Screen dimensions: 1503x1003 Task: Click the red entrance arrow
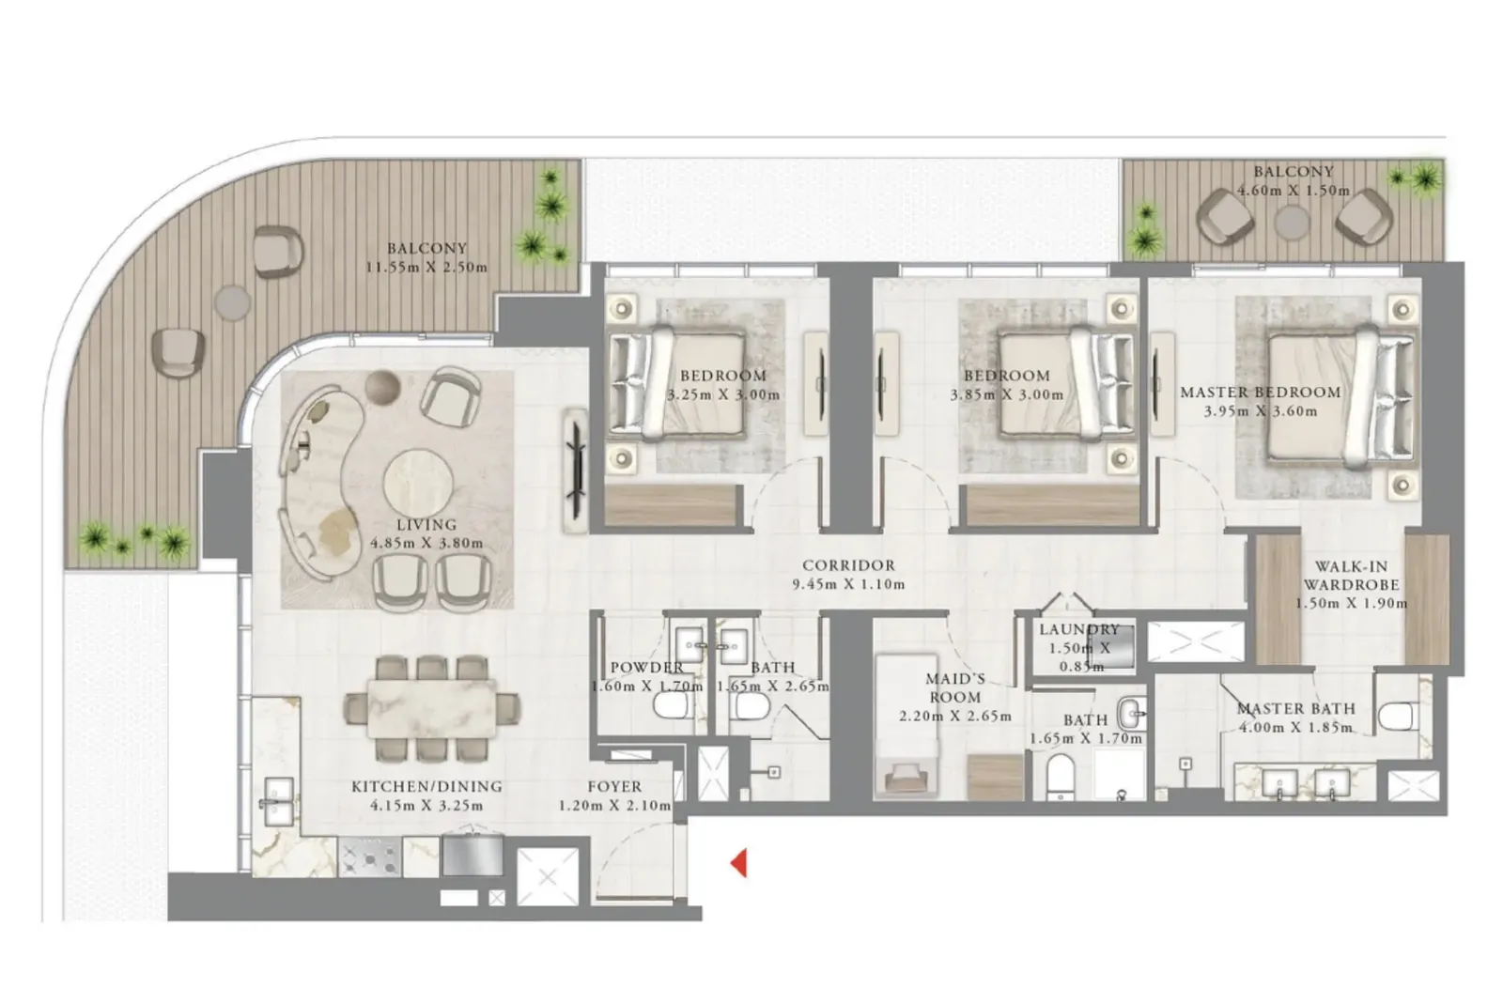(x=738, y=863)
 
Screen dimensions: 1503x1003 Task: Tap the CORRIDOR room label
(x=848, y=565)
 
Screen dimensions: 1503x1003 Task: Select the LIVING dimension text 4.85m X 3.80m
(x=426, y=543)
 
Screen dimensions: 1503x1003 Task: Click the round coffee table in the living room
(x=418, y=483)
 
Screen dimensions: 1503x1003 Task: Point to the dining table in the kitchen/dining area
(x=431, y=709)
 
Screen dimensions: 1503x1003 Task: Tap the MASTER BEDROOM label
(x=1260, y=393)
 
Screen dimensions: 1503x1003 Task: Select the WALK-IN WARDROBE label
(x=1351, y=576)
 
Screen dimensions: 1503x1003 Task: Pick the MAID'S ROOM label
(x=954, y=687)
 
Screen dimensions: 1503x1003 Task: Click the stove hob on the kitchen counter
(x=370, y=856)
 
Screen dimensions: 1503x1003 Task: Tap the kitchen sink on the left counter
(x=278, y=801)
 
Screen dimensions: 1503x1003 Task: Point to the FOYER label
(x=614, y=786)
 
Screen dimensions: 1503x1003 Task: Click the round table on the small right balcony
(x=1292, y=222)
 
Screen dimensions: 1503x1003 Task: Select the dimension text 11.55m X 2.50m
(x=426, y=267)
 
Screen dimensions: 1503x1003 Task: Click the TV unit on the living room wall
(x=576, y=471)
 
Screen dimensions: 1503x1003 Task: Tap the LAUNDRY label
(x=1079, y=629)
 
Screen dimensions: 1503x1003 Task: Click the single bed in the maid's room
(x=906, y=727)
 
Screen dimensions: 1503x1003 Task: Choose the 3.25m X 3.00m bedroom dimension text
(x=723, y=394)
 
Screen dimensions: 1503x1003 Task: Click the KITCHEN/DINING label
(x=426, y=786)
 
